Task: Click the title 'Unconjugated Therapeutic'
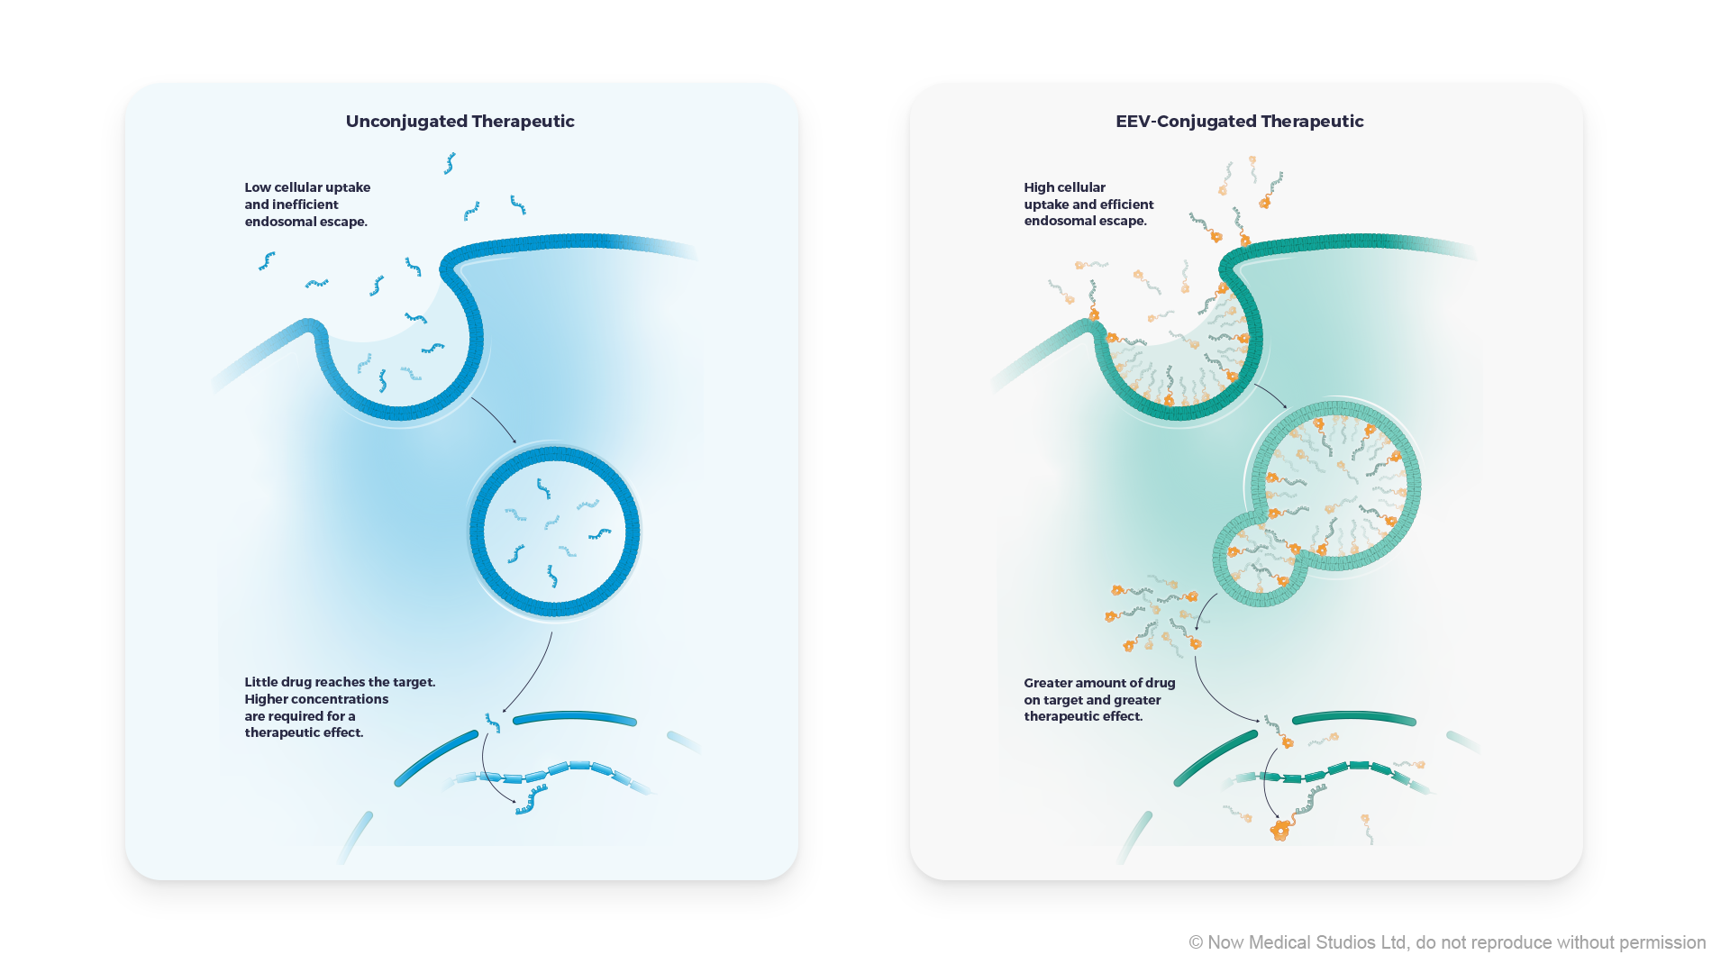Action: pyautogui.click(x=460, y=122)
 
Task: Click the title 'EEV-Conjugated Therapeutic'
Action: pyautogui.click(x=1239, y=122)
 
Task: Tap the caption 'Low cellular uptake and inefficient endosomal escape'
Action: pyautogui.click(x=307, y=205)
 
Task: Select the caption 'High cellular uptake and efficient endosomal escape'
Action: pyautogui.click(x=1088, y=205)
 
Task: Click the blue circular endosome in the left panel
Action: pyautogui.click(x=554, y=532)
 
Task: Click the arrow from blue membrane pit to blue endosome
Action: pyautogui.click(x=495, y=419)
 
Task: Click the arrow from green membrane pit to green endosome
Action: pyautogui.click(x=1270, y=395)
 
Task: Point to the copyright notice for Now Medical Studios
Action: pyautogui.click(x=1446, y=942)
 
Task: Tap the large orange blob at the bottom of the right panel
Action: pyautogui.click(x=1280, y=830)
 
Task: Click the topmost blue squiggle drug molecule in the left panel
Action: pyautogui.click(x=450, y=163)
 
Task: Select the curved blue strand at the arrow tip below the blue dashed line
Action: pyautogui.click(x=532, y=800)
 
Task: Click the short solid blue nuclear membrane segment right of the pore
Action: pyautogui.click(x=575, y=717)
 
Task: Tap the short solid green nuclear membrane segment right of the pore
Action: pyautogui.click(x=1353, y=718)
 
